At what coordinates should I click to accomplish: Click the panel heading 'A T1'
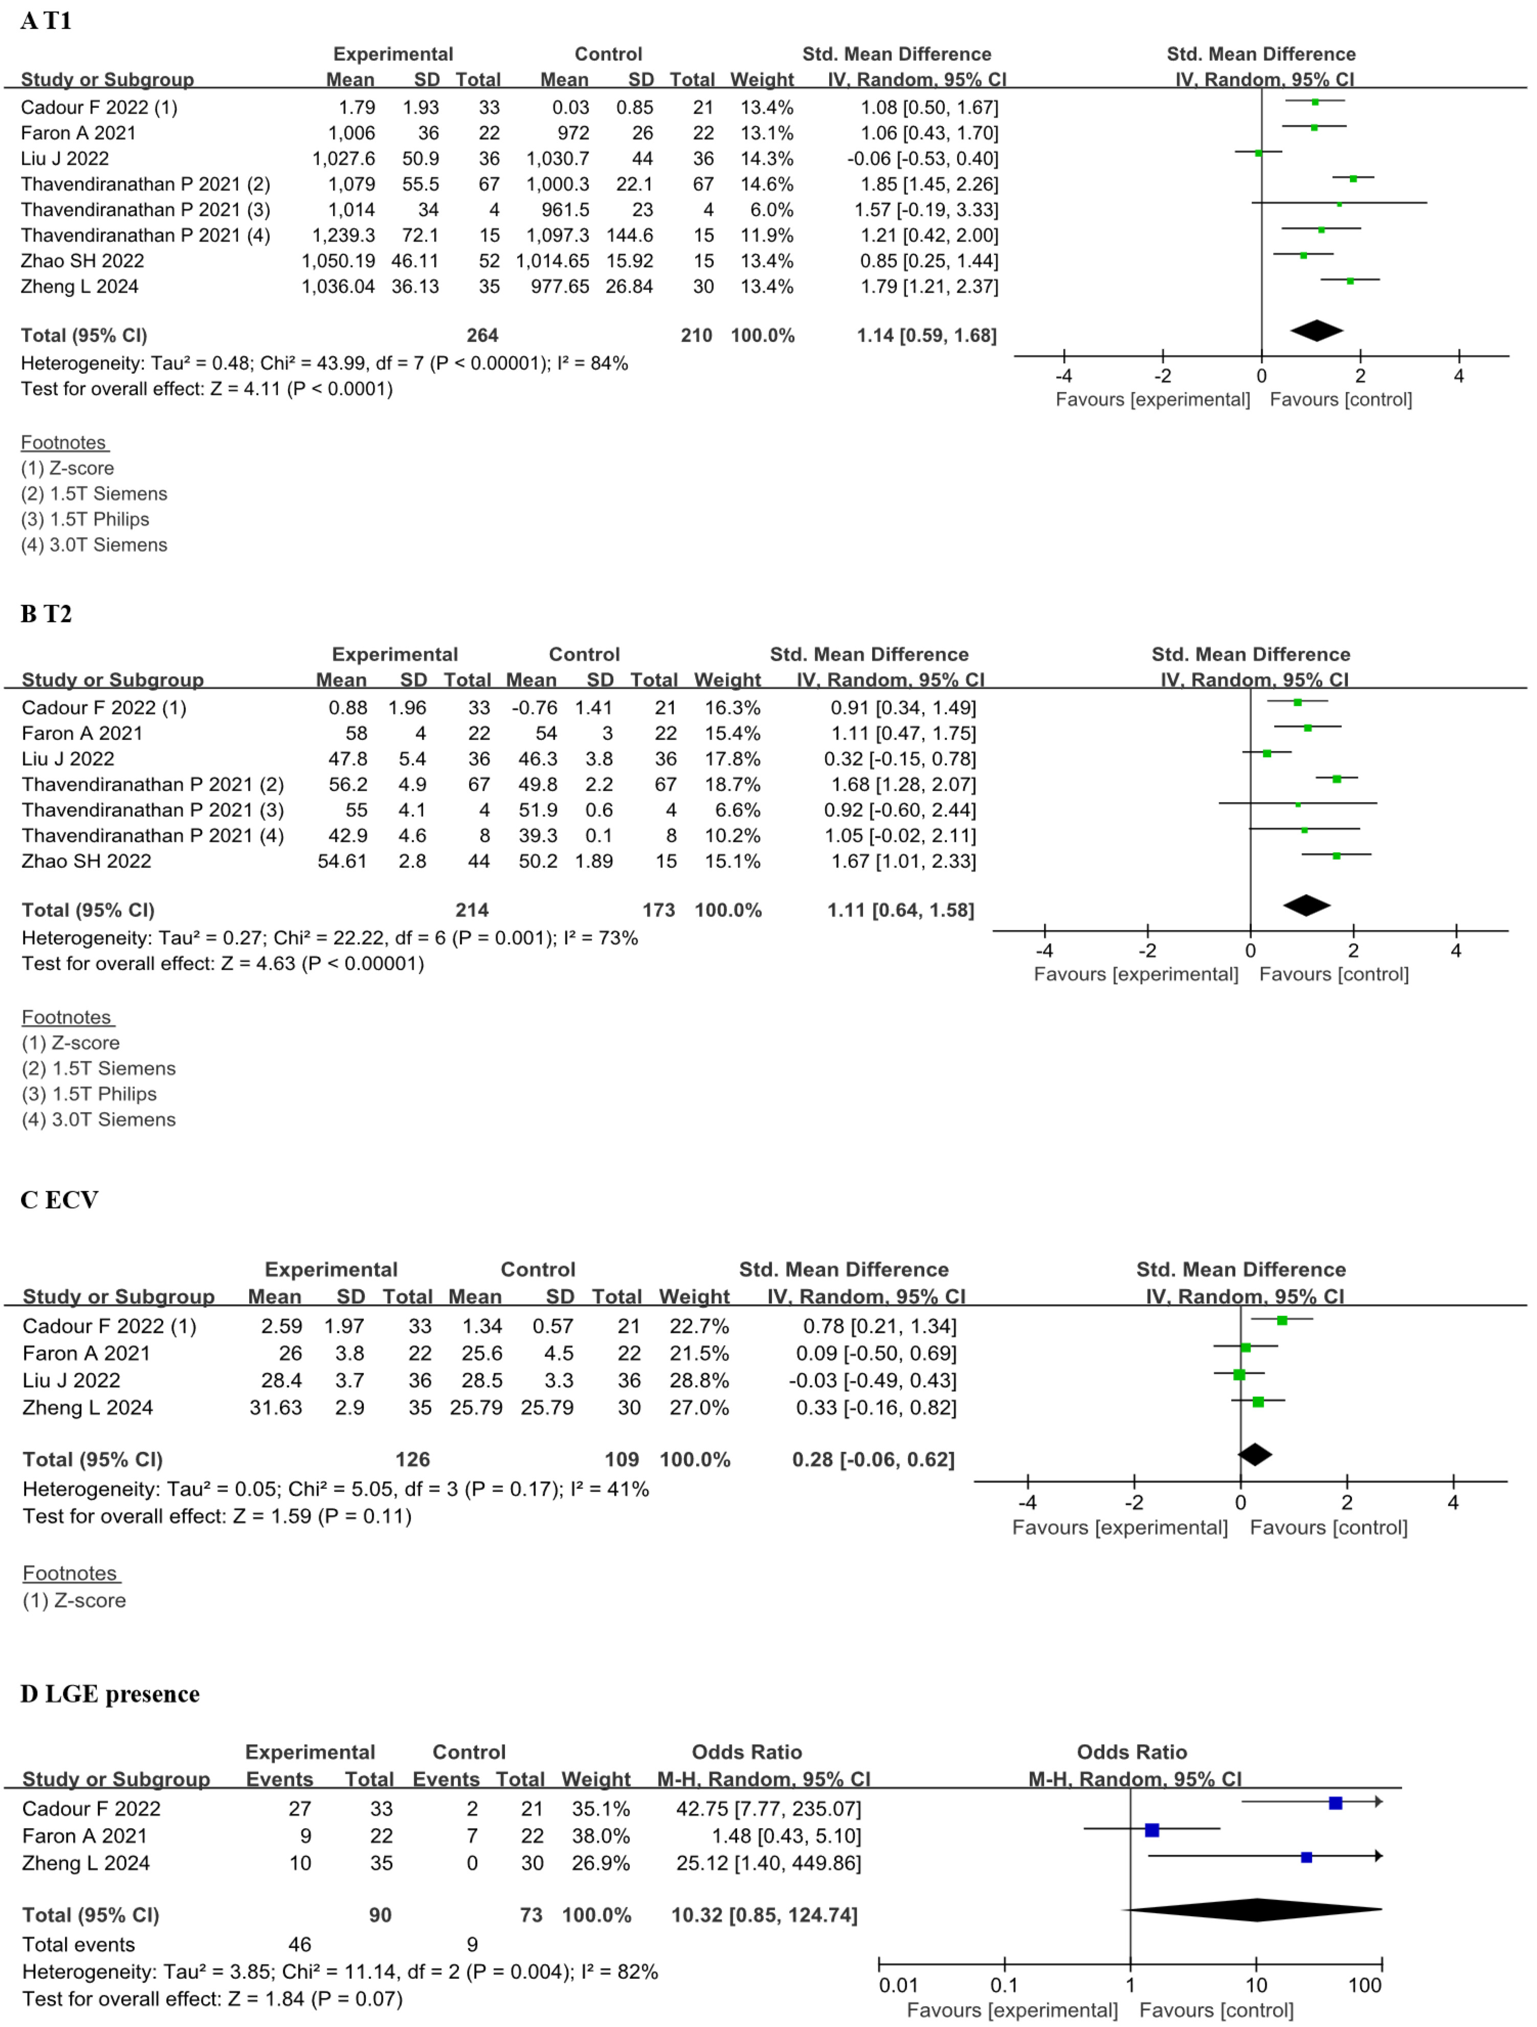click(x=46, y=20)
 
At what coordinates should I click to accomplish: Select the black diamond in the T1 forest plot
click(x=1316, y=331)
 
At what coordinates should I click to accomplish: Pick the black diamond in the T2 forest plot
click(x=1306, y=905)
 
